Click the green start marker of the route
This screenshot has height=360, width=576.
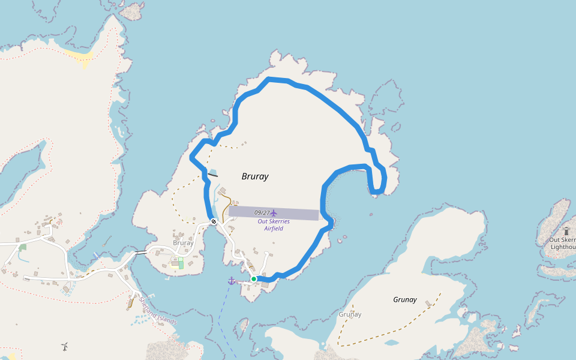click(254, 279)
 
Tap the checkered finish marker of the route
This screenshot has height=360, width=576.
click(213, 222)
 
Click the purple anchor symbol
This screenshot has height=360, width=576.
click(232, 281)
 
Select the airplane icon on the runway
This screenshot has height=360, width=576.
click(274, 213)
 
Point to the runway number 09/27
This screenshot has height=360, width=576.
click(262, 212)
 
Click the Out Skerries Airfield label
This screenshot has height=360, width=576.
click(274, 224)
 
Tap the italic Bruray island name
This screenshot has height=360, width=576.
click(255, 176)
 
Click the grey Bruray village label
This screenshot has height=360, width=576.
click(183, 243)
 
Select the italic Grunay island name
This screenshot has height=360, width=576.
click(404, 299)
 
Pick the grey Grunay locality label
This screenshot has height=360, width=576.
click(350, 314)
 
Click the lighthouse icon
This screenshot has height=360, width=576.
click(566, 231)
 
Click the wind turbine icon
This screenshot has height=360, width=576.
click(64, 346)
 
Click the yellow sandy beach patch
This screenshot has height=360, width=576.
click(82, 56)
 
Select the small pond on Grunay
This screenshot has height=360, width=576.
click(391, 343)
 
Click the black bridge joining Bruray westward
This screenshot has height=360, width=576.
click(140, 253)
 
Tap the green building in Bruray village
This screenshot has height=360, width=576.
click(181, 263)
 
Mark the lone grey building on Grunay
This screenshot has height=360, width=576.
click(428, 304)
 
